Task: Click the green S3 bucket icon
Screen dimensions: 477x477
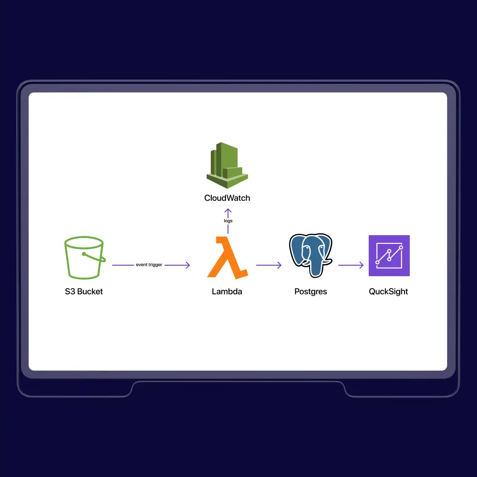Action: [85, 258]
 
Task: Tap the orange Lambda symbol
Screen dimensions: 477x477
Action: [228, 258]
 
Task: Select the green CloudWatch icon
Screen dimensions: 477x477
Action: [227, 165]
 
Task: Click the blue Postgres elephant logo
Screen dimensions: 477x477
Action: [311, 255]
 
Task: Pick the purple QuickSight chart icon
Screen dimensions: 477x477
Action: [389, 256]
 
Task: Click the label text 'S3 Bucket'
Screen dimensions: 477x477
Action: [84, 291]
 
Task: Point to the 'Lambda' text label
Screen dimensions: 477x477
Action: [227, 291]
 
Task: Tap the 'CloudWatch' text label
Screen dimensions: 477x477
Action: [227, 198]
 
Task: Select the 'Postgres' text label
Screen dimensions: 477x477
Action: [311, 292]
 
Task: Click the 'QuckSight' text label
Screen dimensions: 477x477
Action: [388, 292]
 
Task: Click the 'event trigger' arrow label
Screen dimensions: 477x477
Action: [149, 265]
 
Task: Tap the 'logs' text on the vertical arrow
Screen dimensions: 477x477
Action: [228, 221]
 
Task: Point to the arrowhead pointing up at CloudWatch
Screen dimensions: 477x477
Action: [228, 211]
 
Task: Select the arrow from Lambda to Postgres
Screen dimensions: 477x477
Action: [269, 265]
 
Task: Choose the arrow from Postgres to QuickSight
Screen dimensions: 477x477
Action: [351, 265]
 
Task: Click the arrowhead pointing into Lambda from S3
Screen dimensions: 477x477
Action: [187, 265]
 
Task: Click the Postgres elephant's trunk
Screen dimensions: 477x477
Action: [314, 268]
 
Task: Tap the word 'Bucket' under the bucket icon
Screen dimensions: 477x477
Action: [90, 291]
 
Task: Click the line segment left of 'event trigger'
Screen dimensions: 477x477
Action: [123, 265]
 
